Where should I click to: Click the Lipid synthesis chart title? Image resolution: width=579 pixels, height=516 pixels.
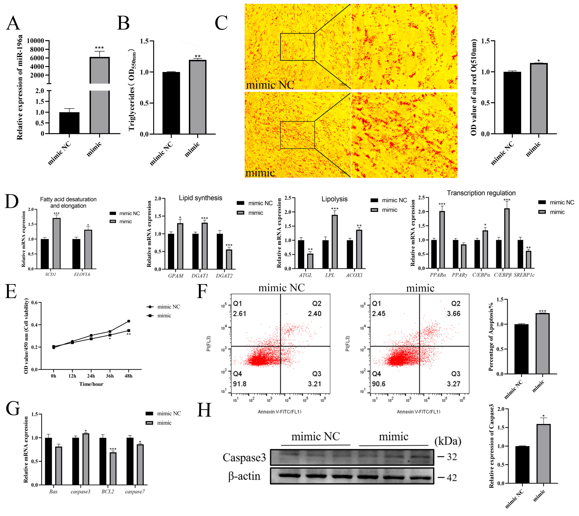point(200,198)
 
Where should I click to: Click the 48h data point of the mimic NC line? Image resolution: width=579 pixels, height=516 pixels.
point(129,321)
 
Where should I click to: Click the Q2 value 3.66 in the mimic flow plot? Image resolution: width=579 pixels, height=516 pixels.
point(454,314)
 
